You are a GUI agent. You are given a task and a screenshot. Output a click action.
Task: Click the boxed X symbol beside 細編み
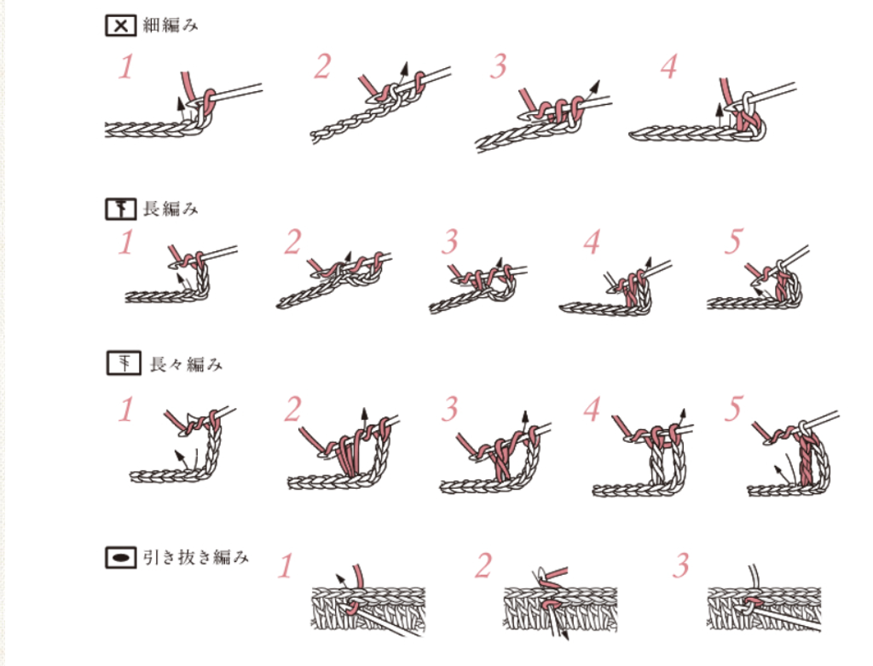(x=121, y=26)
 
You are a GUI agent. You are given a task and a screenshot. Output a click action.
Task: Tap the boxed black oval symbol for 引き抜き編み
(x=121, y=557)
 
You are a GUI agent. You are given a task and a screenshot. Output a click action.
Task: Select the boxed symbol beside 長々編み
(x=124, y=364)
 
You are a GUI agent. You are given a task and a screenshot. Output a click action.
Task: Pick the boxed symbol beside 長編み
(x=121, y=210)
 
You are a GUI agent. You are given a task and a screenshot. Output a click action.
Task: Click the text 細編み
(x=171, y=25)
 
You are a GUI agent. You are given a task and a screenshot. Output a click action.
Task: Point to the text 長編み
(x=171, y=209)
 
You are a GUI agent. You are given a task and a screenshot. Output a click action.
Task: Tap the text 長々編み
(x=187, y=364)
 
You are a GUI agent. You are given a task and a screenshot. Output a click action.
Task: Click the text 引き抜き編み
(x=195, y=557)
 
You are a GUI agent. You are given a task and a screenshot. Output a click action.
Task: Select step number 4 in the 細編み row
(x=668, y=66)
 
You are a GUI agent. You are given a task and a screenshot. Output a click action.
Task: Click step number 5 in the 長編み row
(x=734, y=242)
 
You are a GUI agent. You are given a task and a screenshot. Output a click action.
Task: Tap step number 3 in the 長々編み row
(x=449, y=409)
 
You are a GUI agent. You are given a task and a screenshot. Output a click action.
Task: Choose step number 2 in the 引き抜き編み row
(x=483, y=566)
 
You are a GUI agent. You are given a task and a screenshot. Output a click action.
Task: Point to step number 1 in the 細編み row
(x=126, y=66)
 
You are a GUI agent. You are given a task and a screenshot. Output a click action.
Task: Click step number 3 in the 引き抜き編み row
(x=681, y=566)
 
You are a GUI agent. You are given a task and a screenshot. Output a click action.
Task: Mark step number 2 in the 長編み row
(x=293, y=242)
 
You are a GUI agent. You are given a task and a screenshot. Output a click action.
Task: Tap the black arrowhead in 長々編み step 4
(x=683, y=415)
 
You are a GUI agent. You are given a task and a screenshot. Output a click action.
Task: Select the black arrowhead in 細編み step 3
(x=595, y=86)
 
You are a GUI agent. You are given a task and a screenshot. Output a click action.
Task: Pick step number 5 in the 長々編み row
(x=734, y=409)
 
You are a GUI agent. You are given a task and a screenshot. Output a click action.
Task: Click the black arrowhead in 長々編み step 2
(x=365, y=414)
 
